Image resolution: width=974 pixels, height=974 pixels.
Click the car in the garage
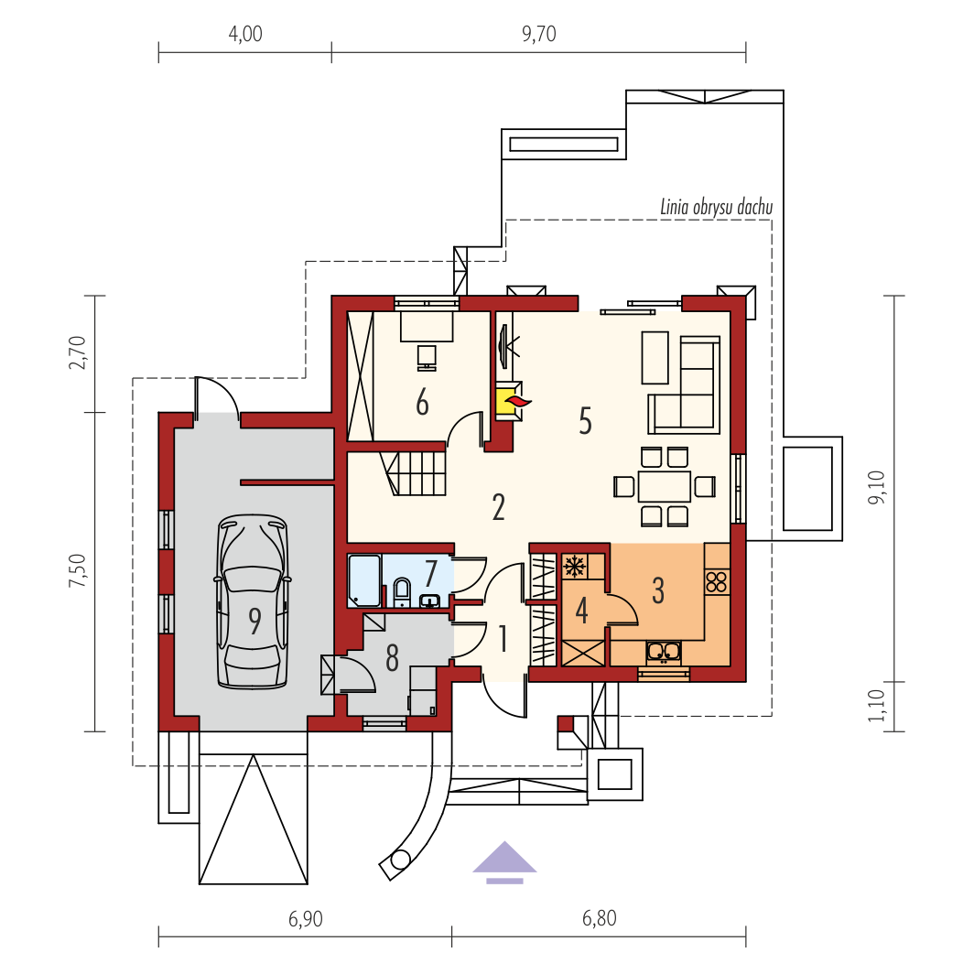point(253,601)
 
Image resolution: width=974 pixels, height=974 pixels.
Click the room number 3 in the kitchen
point(658,590)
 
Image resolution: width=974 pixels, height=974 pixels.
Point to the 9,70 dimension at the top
point(538,34)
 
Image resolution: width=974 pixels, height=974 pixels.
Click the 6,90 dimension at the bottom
point(306,919)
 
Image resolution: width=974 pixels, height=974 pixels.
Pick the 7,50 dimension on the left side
point(78,571)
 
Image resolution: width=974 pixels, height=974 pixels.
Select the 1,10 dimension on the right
point(876,706)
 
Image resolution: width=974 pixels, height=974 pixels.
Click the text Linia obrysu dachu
point(716,207)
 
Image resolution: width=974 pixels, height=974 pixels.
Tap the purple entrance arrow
point(504,862)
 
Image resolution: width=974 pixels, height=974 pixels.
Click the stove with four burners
point(717,582)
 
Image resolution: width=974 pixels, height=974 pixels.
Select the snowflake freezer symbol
point(575,566)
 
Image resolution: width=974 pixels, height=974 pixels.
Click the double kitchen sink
point(664,652)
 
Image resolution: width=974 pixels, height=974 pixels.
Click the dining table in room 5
point(664,486)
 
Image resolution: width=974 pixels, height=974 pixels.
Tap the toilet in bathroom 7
point(402,592)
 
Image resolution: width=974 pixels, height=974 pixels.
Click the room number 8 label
point(392,658)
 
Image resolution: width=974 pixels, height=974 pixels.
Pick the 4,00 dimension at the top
point(245,34)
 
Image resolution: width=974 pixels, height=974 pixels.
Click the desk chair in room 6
point(427,358)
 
